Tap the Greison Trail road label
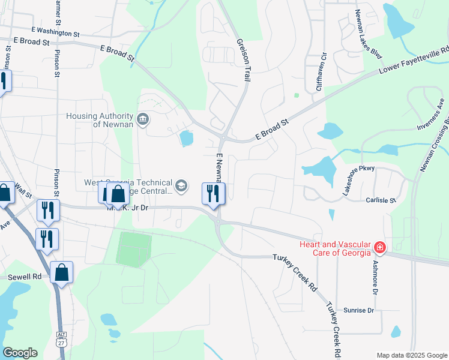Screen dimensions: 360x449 (244, 61)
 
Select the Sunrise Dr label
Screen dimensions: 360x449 (358, 310)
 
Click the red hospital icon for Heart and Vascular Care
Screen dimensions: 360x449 (379, 247)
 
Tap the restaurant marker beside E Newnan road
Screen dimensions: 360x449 (213, 193)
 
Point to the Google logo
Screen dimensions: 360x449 (20, 353)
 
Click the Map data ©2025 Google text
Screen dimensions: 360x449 (411, 355)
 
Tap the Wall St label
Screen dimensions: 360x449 (23, 191)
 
